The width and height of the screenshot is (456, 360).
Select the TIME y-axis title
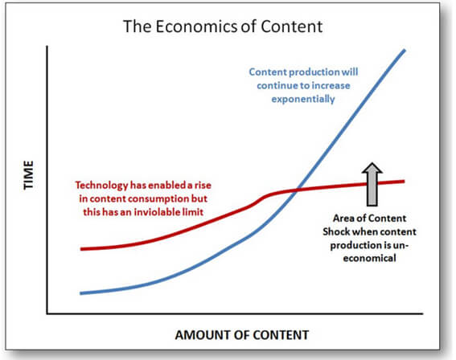click(28, 175)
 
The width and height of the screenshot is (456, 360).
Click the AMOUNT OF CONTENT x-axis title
click(241, 335)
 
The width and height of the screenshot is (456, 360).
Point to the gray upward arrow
click(372, 184)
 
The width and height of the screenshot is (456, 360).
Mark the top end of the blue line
click(405, 51)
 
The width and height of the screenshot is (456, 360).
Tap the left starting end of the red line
click(81, 249)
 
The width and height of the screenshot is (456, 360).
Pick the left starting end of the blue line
click(81, 293)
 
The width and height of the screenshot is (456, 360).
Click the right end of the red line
click(404, 182)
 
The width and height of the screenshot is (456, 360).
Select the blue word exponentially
click(303, 99)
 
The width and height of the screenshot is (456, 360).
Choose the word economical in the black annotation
click(369, 258)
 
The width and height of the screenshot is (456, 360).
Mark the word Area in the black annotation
click(342, 219)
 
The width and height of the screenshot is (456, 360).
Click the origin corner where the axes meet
click(47, 314)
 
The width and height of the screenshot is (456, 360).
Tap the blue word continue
click(277, 86)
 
